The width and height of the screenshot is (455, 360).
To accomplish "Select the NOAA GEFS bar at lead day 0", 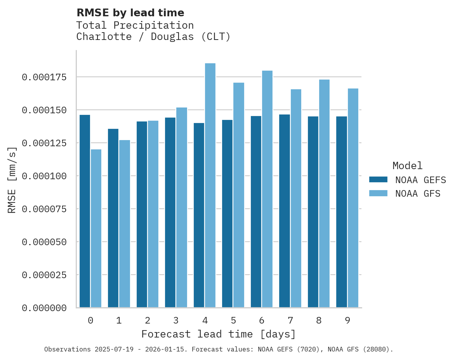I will click(85, 211).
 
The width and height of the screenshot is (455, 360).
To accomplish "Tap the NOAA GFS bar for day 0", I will click(96, 228).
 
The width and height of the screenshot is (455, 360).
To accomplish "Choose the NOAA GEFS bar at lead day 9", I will click(342, 212).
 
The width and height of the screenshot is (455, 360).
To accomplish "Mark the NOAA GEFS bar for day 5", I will click(227, 214).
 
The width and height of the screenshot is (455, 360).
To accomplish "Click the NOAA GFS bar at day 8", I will click(324, 194).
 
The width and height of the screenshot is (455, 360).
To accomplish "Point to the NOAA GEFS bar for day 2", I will click(142, 215).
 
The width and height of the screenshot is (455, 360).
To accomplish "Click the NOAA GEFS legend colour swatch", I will click(378, 180).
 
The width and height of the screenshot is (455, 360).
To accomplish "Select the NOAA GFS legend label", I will click(418, 194).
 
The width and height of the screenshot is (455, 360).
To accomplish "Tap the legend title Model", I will click(407, 166).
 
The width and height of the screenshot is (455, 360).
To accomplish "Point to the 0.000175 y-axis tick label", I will click(44, 77).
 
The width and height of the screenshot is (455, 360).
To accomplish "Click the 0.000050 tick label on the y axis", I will click(44, 242).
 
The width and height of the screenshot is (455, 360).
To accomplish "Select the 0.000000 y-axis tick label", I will click(44, 308).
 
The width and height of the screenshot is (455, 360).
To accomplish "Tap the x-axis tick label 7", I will click(290, 321).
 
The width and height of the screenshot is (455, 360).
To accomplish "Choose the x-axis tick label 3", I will click(176, 321).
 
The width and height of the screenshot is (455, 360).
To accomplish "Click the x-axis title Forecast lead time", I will click(219, 334).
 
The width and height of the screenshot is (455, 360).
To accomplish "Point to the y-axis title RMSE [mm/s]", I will click(12, 180).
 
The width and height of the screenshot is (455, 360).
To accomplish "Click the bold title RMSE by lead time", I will click(130, 13).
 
